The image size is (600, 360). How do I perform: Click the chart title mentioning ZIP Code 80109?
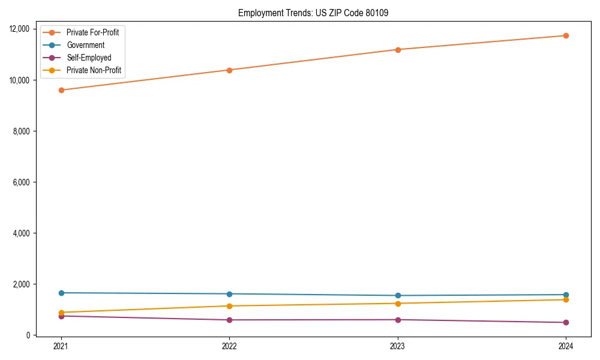tap(313, 13)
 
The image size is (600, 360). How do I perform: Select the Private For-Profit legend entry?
tap(92, 32)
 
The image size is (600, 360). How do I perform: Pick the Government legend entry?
tap(85, 45)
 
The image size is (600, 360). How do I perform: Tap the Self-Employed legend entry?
tap(89, 58)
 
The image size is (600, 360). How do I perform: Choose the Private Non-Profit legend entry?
tap(94, 70)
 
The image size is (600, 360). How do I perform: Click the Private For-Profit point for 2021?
tap(61, 90)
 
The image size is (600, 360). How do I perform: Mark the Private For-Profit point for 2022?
tap(229, 70)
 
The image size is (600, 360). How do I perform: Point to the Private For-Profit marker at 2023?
tap(398, 50)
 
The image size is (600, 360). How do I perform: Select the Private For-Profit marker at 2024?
tap(566, 36)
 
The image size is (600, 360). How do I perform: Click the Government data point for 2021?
tap(61, 293)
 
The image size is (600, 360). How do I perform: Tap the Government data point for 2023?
tap(398, 295)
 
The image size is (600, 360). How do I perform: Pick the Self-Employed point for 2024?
tap(566, 322)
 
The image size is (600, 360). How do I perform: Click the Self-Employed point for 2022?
tap(229, 320)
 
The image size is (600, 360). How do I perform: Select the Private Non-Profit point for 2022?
tap(229, 306)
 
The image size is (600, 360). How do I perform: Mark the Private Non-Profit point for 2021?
tap(61, 313)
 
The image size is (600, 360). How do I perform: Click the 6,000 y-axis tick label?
tap(23, 182)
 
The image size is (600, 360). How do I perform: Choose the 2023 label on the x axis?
tap(398, 346)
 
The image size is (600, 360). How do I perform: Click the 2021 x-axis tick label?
tap(61, 346)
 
